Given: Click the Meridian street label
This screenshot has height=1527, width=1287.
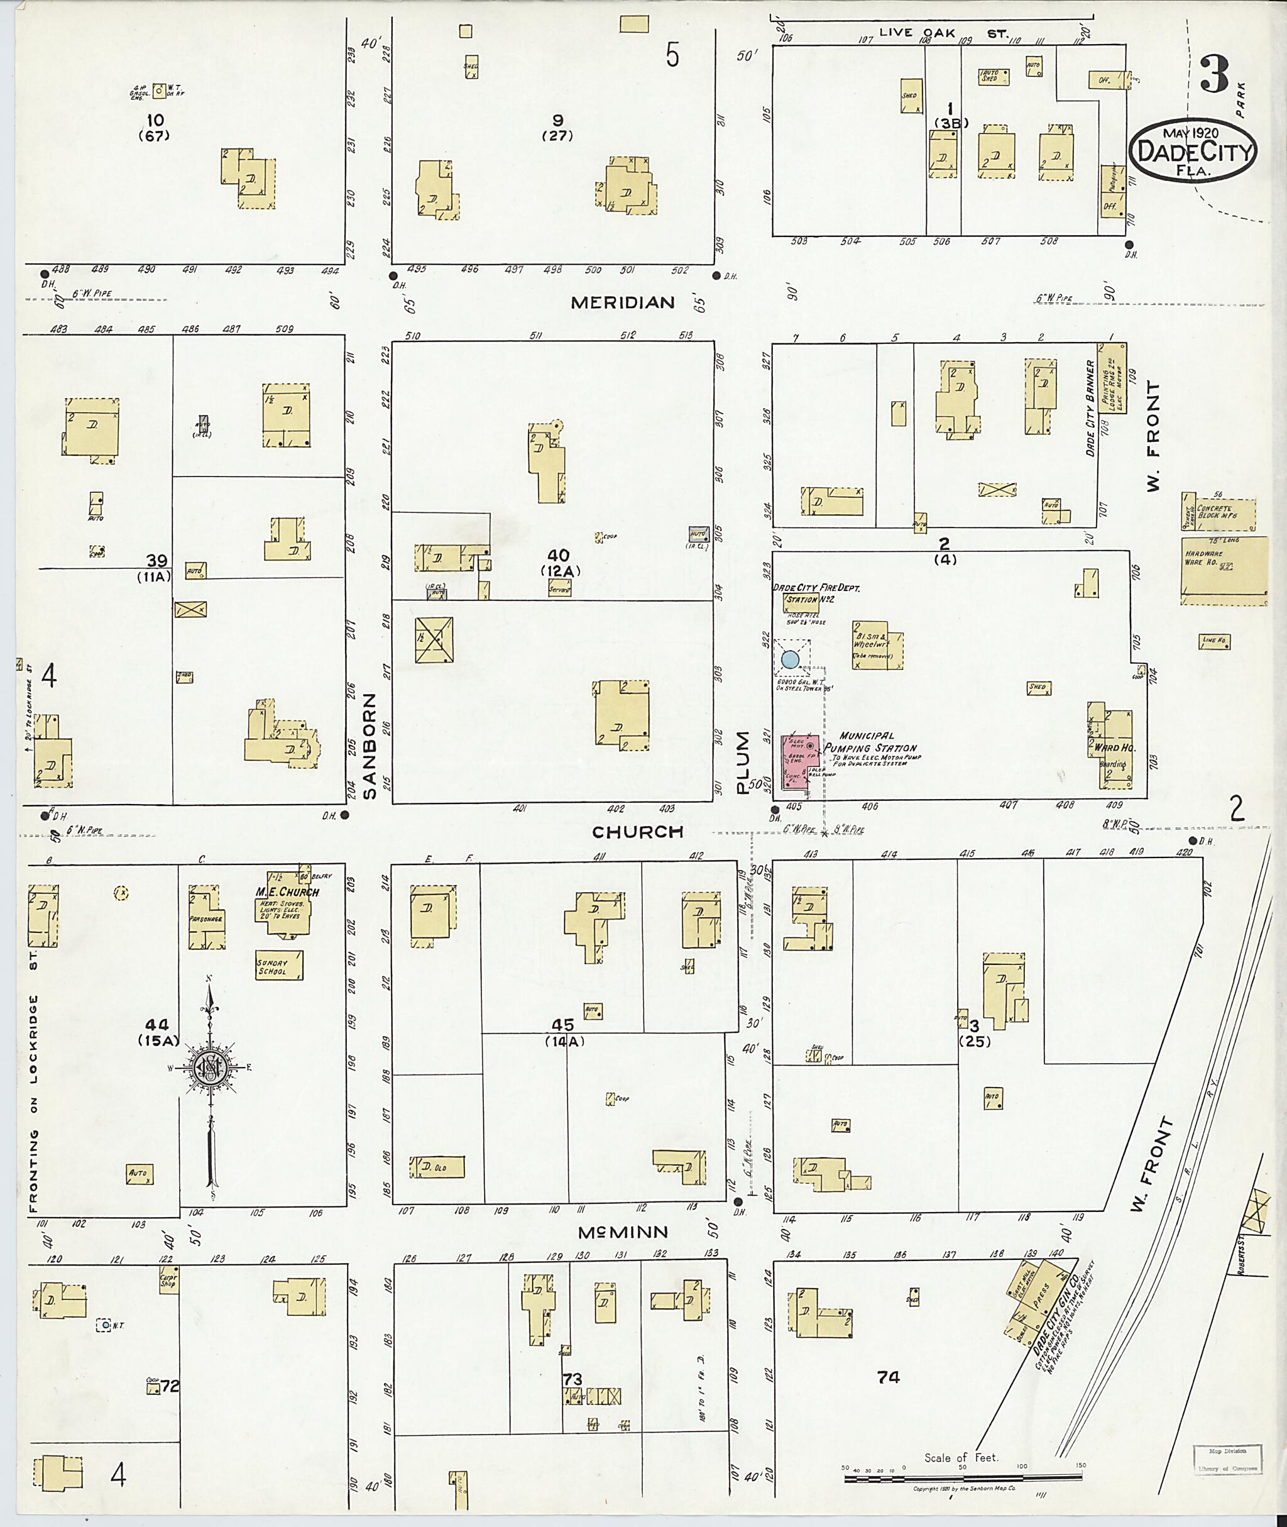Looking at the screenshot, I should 622,302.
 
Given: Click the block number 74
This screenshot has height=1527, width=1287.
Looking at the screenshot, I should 888,1377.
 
